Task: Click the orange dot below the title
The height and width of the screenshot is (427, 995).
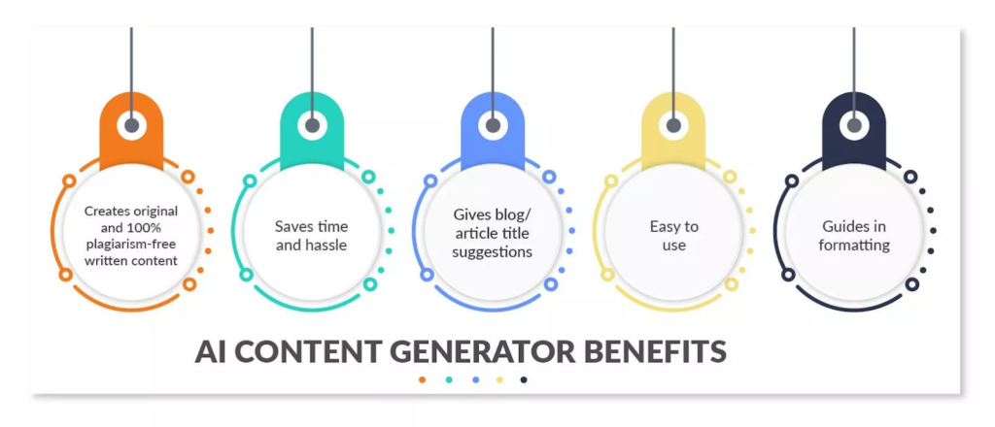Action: [422, 379]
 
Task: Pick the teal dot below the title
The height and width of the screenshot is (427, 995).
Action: [448, 379]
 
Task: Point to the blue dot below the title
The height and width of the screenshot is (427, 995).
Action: [474, 379]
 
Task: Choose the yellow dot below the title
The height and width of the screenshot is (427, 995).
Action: [499, 379]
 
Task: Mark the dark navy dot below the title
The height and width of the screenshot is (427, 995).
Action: [525, 379]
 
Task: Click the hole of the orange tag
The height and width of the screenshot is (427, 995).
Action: [131, 125]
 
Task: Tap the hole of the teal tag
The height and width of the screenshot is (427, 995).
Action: [312, 125]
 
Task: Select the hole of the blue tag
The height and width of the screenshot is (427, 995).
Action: [493, 125]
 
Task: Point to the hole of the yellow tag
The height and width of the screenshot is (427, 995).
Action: [673, 125]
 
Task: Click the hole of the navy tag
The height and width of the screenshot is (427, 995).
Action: [854, 125]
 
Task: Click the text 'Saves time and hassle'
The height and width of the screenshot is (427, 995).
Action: [311, 236]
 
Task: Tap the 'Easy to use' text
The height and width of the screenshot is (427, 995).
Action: [673, 236]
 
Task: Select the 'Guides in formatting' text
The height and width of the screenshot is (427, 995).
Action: [853, 236]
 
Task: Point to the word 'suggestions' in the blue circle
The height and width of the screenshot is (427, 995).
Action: [493, 252]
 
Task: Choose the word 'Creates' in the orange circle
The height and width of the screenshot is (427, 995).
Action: [106, 210]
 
